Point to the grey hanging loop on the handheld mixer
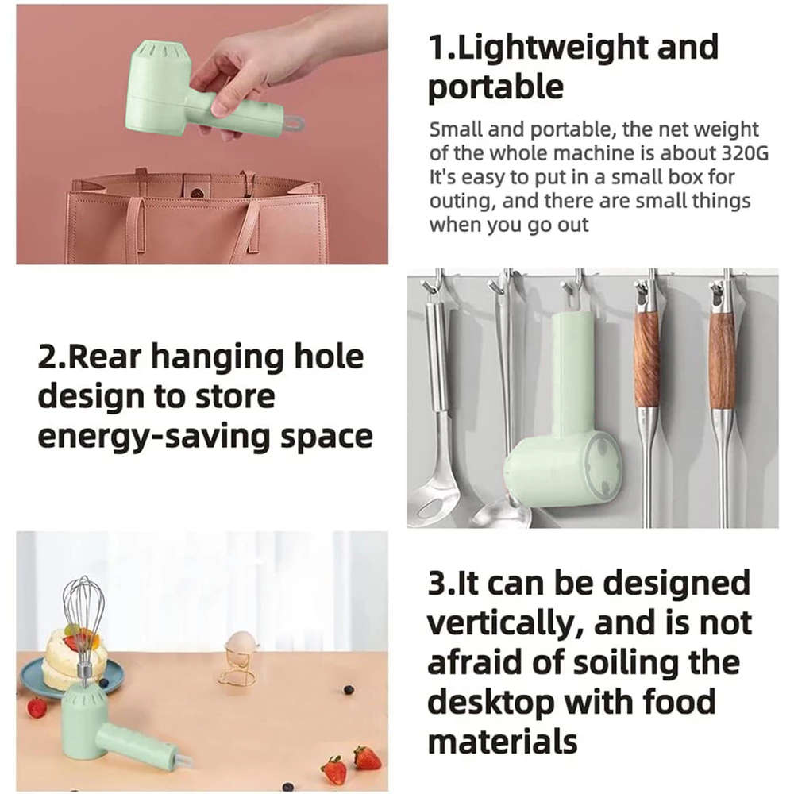click(294, 124)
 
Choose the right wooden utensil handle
click(722, 360)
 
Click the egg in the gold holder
click(240, 643)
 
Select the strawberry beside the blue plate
click(37, 707)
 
